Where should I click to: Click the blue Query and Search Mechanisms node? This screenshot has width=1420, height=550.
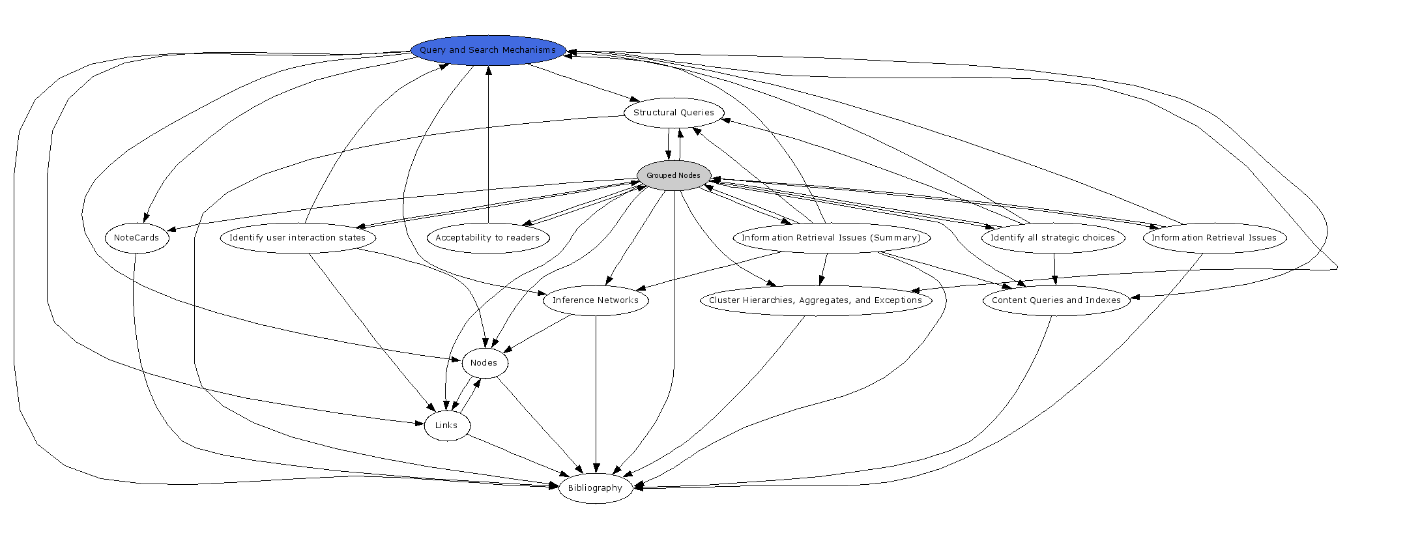click(487, 50)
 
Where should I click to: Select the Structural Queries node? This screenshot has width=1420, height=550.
click(674, 113)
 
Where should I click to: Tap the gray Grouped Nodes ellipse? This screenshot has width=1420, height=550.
click(674, 175)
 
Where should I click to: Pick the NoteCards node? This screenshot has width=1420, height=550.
click(136, 238)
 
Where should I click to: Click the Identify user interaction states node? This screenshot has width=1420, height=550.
click(298, 238)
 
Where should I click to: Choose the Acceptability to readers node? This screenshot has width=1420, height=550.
click(487, 238)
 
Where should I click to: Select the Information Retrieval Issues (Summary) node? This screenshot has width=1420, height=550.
click(831, 238)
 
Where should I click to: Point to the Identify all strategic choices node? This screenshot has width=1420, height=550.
click(1052, 238)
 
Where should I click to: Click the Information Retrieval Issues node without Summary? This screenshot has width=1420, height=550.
click(1214, 238)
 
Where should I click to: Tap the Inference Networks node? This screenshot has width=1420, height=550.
click(596, 300)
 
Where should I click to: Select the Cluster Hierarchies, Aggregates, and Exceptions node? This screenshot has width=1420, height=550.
click(815, 300)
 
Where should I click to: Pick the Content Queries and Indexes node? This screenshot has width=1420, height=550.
click(1056, 300)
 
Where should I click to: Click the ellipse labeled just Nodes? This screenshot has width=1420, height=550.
click(484, 363)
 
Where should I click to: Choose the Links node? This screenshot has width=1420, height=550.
click(446, 426)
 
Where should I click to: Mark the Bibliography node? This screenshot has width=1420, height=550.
click(596, 488)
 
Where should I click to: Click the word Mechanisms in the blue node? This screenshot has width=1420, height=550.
click(529, 50)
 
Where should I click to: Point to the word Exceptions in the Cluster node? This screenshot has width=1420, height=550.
click(897, 300)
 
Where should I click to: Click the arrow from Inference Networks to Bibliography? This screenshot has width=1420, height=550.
click(596, 391)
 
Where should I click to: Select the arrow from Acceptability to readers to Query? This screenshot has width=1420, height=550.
click(488, 143)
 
